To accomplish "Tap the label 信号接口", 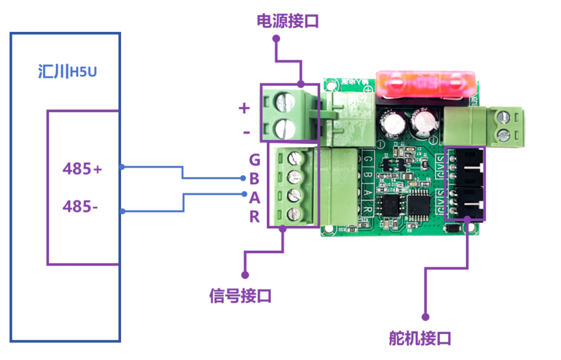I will [x=240, y=296].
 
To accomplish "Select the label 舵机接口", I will [x=420, y=339].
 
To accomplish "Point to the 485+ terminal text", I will [x=83, y=169].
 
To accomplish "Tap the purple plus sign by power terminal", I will [x=244, y=108].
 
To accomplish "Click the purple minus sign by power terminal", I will [x=245, y=132].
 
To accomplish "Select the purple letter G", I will [x=254, y=160].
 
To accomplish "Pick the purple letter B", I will [x=254, y=179].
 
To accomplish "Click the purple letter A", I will [x=254, y=198].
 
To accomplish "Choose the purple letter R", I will [x=254, y=217].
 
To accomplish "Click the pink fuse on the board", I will [x=426, y=83].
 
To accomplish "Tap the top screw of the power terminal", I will [x=285, y=102].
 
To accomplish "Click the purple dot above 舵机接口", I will [x=425, y=317].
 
